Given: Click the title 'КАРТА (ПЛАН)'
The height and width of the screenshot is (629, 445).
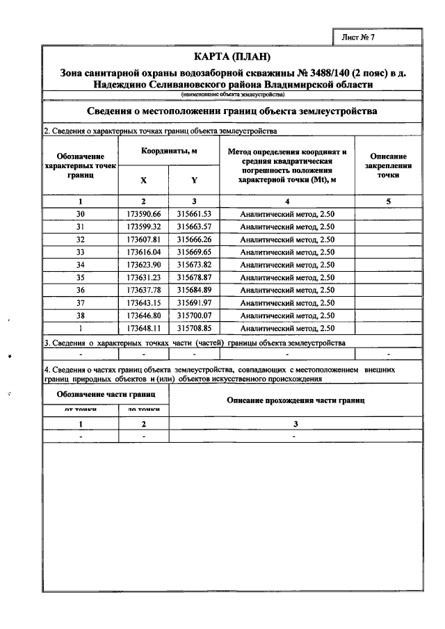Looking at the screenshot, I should pyautogui.click(x=232, y=56).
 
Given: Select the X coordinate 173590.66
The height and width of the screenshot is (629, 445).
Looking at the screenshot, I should pyautogui.click(x=144, y=214).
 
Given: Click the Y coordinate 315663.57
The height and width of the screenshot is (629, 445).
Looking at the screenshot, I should pyautogui.click(x=194, y=227).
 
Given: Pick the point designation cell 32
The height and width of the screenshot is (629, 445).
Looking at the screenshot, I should pyautogui.click(x=81, y=239).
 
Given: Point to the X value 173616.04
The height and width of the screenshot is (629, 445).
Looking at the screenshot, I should pyautogui.click(x=144, y=252).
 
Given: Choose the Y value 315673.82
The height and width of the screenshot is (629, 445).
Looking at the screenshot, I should pyautogui.click(x=194, y=265).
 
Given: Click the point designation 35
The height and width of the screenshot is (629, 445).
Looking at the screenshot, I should pyautogui.click(x=81, y=277).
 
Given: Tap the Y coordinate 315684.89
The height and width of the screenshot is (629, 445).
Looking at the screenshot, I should pyautogui.click(x=194, y=290).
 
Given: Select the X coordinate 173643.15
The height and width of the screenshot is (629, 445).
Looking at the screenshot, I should pyautogui.click(x=144, y=302).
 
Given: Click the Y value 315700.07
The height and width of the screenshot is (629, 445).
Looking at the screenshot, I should pyautogui.click(x=194, y=315).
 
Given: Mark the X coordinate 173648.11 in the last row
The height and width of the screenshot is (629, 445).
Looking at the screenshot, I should pyautogui.click(x=144, y=327).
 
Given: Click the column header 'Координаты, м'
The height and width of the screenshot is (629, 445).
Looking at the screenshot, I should pyautogui.click(x=169, y=151).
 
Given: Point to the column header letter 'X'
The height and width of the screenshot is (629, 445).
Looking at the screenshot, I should pyautogui.click(x=144, y=180).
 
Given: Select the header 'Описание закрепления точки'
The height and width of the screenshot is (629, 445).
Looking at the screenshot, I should pyautogui.click(x=388, y=167).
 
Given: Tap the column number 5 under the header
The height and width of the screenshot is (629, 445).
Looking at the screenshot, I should pyautogui.click(x=388, y=202).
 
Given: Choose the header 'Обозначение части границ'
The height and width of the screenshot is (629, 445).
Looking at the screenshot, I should pyautogui.click(x=106, y=394).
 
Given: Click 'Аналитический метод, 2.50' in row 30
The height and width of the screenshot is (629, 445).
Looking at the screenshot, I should pyautogui.click(x=287, y=214).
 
